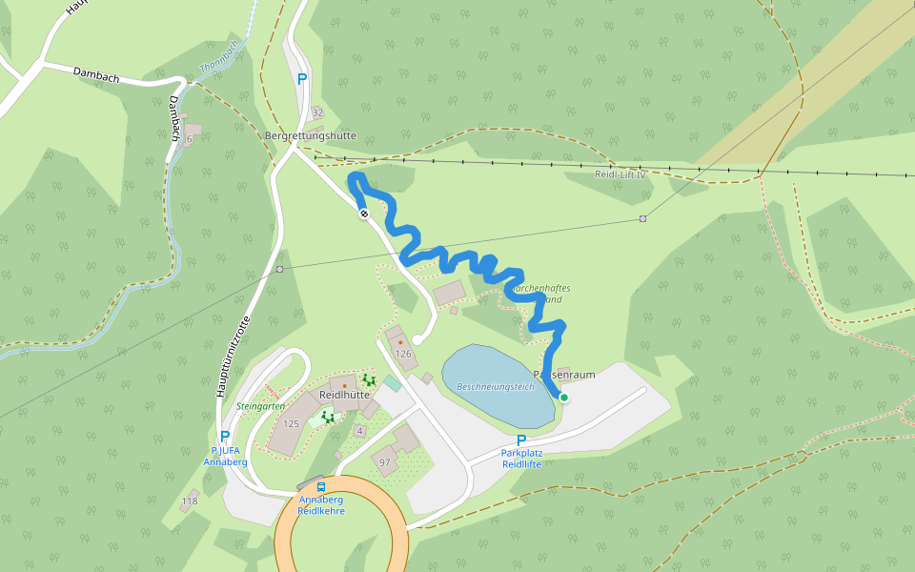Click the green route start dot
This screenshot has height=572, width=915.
[x=563, y=398]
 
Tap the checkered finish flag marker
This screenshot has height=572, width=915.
[x=363, y=214]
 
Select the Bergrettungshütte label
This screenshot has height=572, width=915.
[x=310, y=136]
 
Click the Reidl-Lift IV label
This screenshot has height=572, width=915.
[x=620, y=174]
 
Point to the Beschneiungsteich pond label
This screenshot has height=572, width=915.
[x=496, y=387]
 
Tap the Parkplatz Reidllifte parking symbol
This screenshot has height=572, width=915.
[x=521, y=440]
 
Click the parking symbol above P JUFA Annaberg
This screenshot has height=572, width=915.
[x=225, y=437]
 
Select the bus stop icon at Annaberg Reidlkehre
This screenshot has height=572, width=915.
[x=320, y=486]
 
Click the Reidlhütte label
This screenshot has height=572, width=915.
[x=344, y=394]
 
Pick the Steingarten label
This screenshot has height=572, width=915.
[x=260, y=405]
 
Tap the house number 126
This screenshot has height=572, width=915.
[x=403, y=354]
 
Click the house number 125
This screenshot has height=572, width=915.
[x=291, y=423]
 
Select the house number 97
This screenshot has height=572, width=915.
[x=385, y=462]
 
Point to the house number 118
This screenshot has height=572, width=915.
[x=190, y=501]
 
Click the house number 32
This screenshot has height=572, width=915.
[x=317, y=112]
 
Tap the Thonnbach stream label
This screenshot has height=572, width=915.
[x=218, y=58]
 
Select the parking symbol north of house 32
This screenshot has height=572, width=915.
[x=302, y=80]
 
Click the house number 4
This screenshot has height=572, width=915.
[x=359, y=431]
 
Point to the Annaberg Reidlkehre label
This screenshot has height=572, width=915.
[x=320, y=505]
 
